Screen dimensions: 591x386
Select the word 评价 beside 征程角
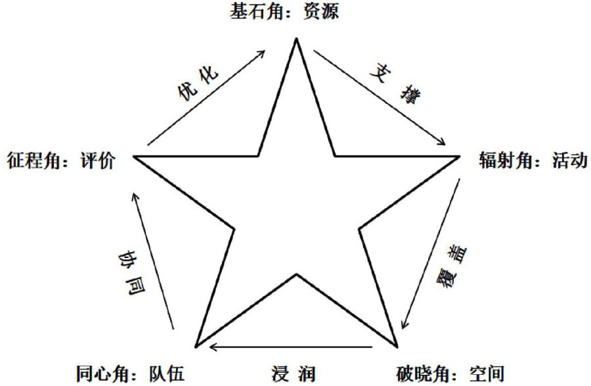(x=97, y=160)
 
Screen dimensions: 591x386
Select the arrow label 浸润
(x=293, y=374)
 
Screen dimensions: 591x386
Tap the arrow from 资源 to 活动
(x=380, y=96)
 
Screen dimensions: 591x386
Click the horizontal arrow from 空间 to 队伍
(x=296, y=347)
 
